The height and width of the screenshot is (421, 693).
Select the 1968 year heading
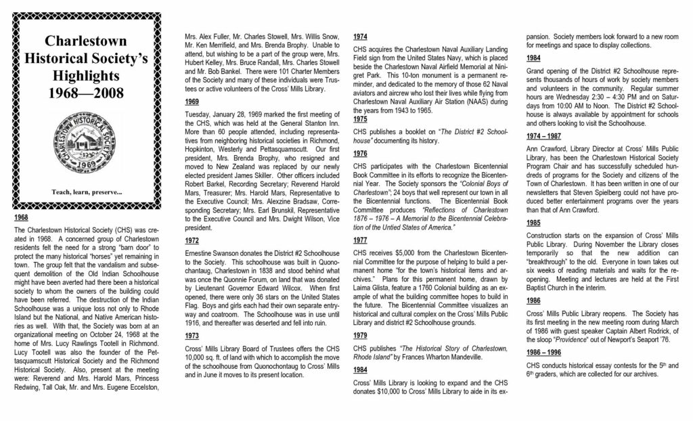coord(22,218)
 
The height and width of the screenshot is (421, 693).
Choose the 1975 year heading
coord(361,119)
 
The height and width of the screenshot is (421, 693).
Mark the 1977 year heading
coord(361,239)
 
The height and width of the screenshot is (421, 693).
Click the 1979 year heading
coord(361,335)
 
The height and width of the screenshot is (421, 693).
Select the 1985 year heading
coord(534,222)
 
